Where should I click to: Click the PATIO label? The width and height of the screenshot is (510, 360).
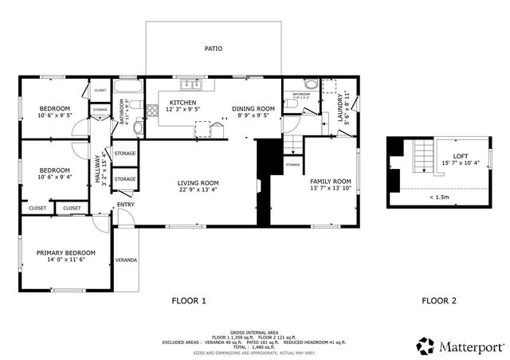point(213,49)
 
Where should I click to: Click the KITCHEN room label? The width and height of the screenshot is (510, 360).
point(182,104)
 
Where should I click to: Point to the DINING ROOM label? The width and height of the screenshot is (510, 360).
point(253,108)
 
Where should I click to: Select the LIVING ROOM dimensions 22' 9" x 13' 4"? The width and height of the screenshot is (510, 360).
point(198,190)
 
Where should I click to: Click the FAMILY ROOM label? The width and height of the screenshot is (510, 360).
point(330,181)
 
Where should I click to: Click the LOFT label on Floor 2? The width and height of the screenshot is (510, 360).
point(461,156)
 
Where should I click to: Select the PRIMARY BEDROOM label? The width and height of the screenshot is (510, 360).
point(65,252)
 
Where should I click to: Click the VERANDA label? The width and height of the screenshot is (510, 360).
point(126,260)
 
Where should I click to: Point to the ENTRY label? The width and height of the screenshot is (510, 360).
point(126,205)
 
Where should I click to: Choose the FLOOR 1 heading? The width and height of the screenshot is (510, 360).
point(189,301)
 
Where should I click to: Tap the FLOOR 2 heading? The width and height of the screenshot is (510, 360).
point(438,301)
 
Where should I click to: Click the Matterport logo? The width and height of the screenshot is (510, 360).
point(461,346)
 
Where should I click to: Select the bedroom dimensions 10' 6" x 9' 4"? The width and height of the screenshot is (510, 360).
point(54,178)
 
